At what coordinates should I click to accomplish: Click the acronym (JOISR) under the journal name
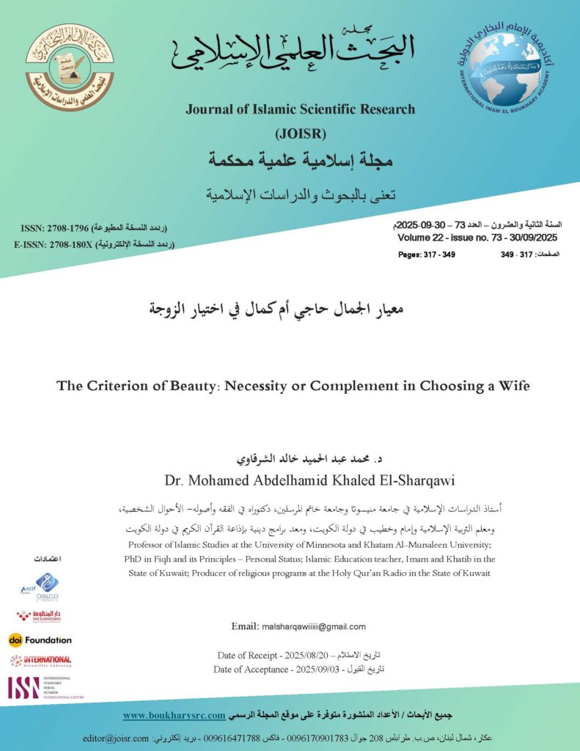[299, 133]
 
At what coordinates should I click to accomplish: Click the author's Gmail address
[313, 626]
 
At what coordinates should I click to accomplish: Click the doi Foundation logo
[40, 640]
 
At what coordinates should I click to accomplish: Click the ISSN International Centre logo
[40, 687]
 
